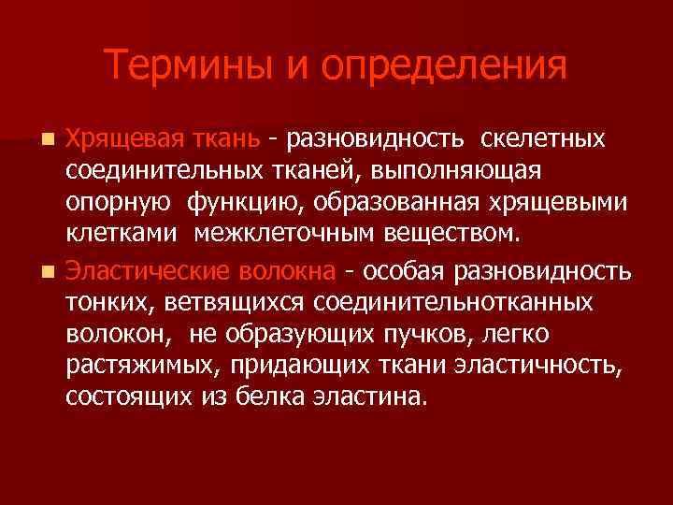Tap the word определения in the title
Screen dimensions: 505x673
(445, 65)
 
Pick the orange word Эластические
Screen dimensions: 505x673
(144, 271)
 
